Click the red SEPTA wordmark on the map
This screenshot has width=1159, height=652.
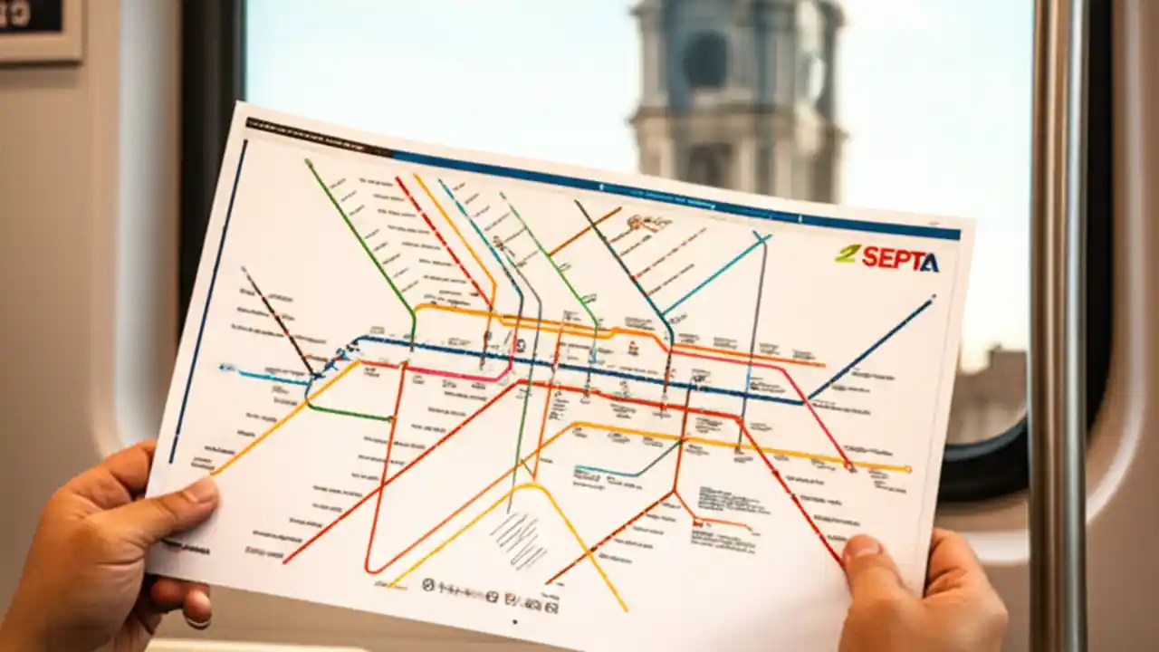900,259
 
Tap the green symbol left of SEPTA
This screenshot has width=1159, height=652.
847,254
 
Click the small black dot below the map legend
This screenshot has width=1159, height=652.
515,622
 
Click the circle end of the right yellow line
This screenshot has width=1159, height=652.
908,469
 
